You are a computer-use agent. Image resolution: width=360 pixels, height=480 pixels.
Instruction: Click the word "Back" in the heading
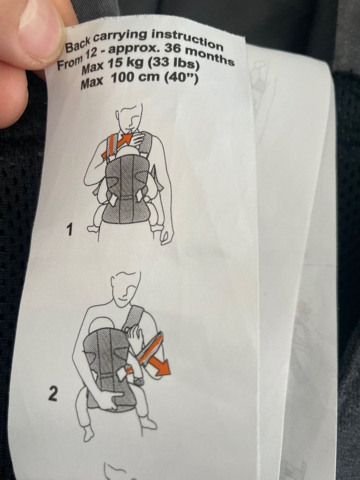click(x=78, y=44)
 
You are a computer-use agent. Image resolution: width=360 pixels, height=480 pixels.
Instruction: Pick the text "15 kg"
click(x=125, y=65)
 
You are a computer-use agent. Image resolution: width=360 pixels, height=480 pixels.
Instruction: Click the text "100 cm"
click(x=135, y=78)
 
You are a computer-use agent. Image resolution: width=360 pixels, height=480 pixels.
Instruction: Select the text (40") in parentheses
click(x=181, y=78)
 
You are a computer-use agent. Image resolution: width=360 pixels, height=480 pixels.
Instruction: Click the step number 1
click(x=70, y=229)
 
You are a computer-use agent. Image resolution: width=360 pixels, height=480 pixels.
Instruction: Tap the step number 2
click(x=52, y=394)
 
